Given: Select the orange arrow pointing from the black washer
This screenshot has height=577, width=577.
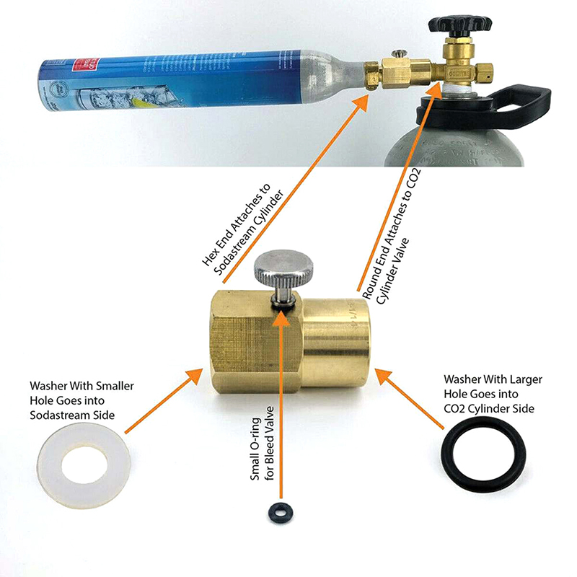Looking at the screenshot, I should pyautogui.click(x=410, y=400).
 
